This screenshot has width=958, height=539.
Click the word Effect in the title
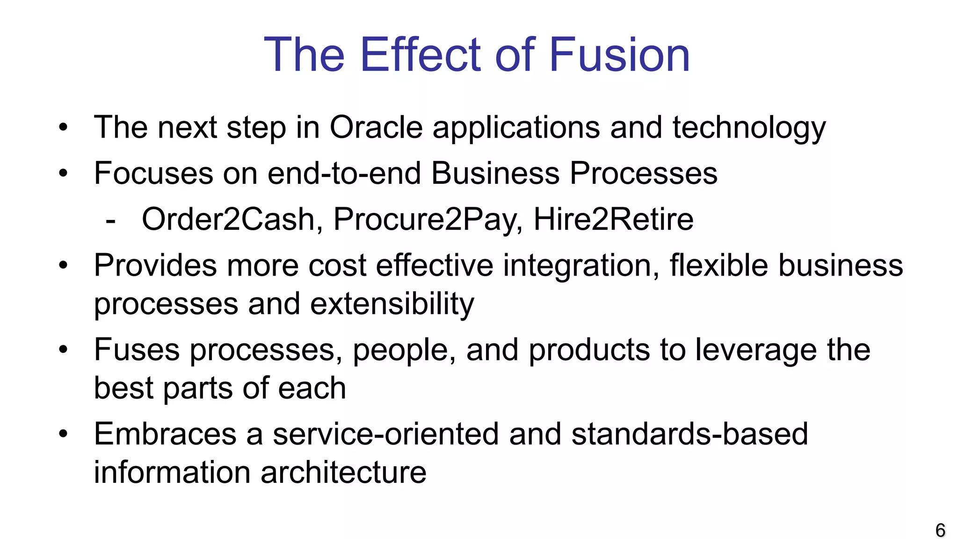[x=421, y=55]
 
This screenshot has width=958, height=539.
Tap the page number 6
[x=940, y=530]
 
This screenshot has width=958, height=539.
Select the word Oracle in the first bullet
[x=376, y=127]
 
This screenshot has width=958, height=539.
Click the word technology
[x=749, y=128]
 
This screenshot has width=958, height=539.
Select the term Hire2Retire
[x=613, y=219]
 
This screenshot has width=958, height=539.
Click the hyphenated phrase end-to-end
[x=344, y=173]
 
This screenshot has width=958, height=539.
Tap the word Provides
[x=155, y=265]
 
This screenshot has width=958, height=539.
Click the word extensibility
[x=392, y=304]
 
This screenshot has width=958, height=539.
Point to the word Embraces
[x=165, y=434]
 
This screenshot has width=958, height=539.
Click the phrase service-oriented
[x=386, y=434]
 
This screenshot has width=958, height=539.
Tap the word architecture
[x=343, y=472]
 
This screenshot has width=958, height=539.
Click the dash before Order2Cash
[x=110, y=220]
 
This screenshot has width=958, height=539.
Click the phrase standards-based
[x=689, y=434]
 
